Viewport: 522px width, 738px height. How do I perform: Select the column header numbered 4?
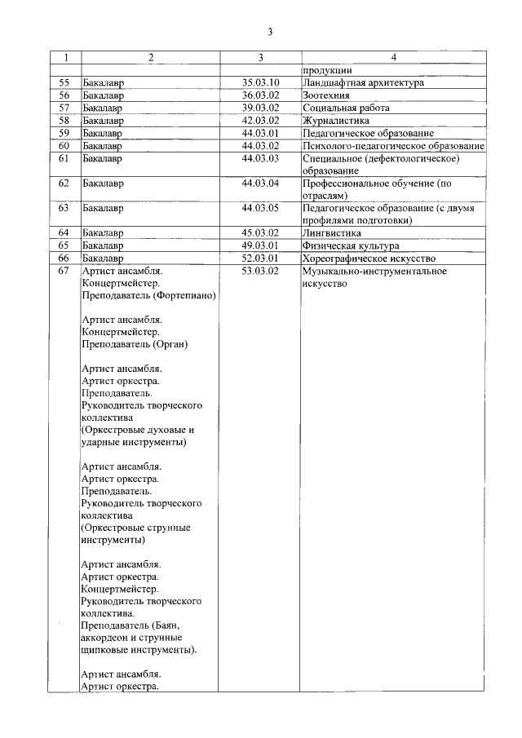click(393, 58)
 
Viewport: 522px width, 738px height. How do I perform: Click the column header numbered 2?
click(151, 58)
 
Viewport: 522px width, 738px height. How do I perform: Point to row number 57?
click(64, 107)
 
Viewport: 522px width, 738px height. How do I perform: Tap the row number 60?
click(64, 145)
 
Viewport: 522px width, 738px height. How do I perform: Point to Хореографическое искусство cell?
click(365, 259)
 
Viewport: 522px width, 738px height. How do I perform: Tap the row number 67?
click(64, 271)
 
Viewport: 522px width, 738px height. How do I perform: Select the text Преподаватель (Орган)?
click(135, 344)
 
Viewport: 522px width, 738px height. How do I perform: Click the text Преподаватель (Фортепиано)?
click(148, 296)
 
